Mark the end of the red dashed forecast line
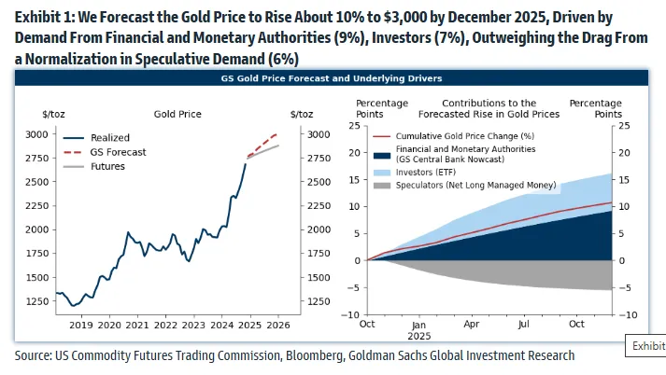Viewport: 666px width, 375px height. coord(276,134)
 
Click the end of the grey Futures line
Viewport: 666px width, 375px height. coord(278,145)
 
